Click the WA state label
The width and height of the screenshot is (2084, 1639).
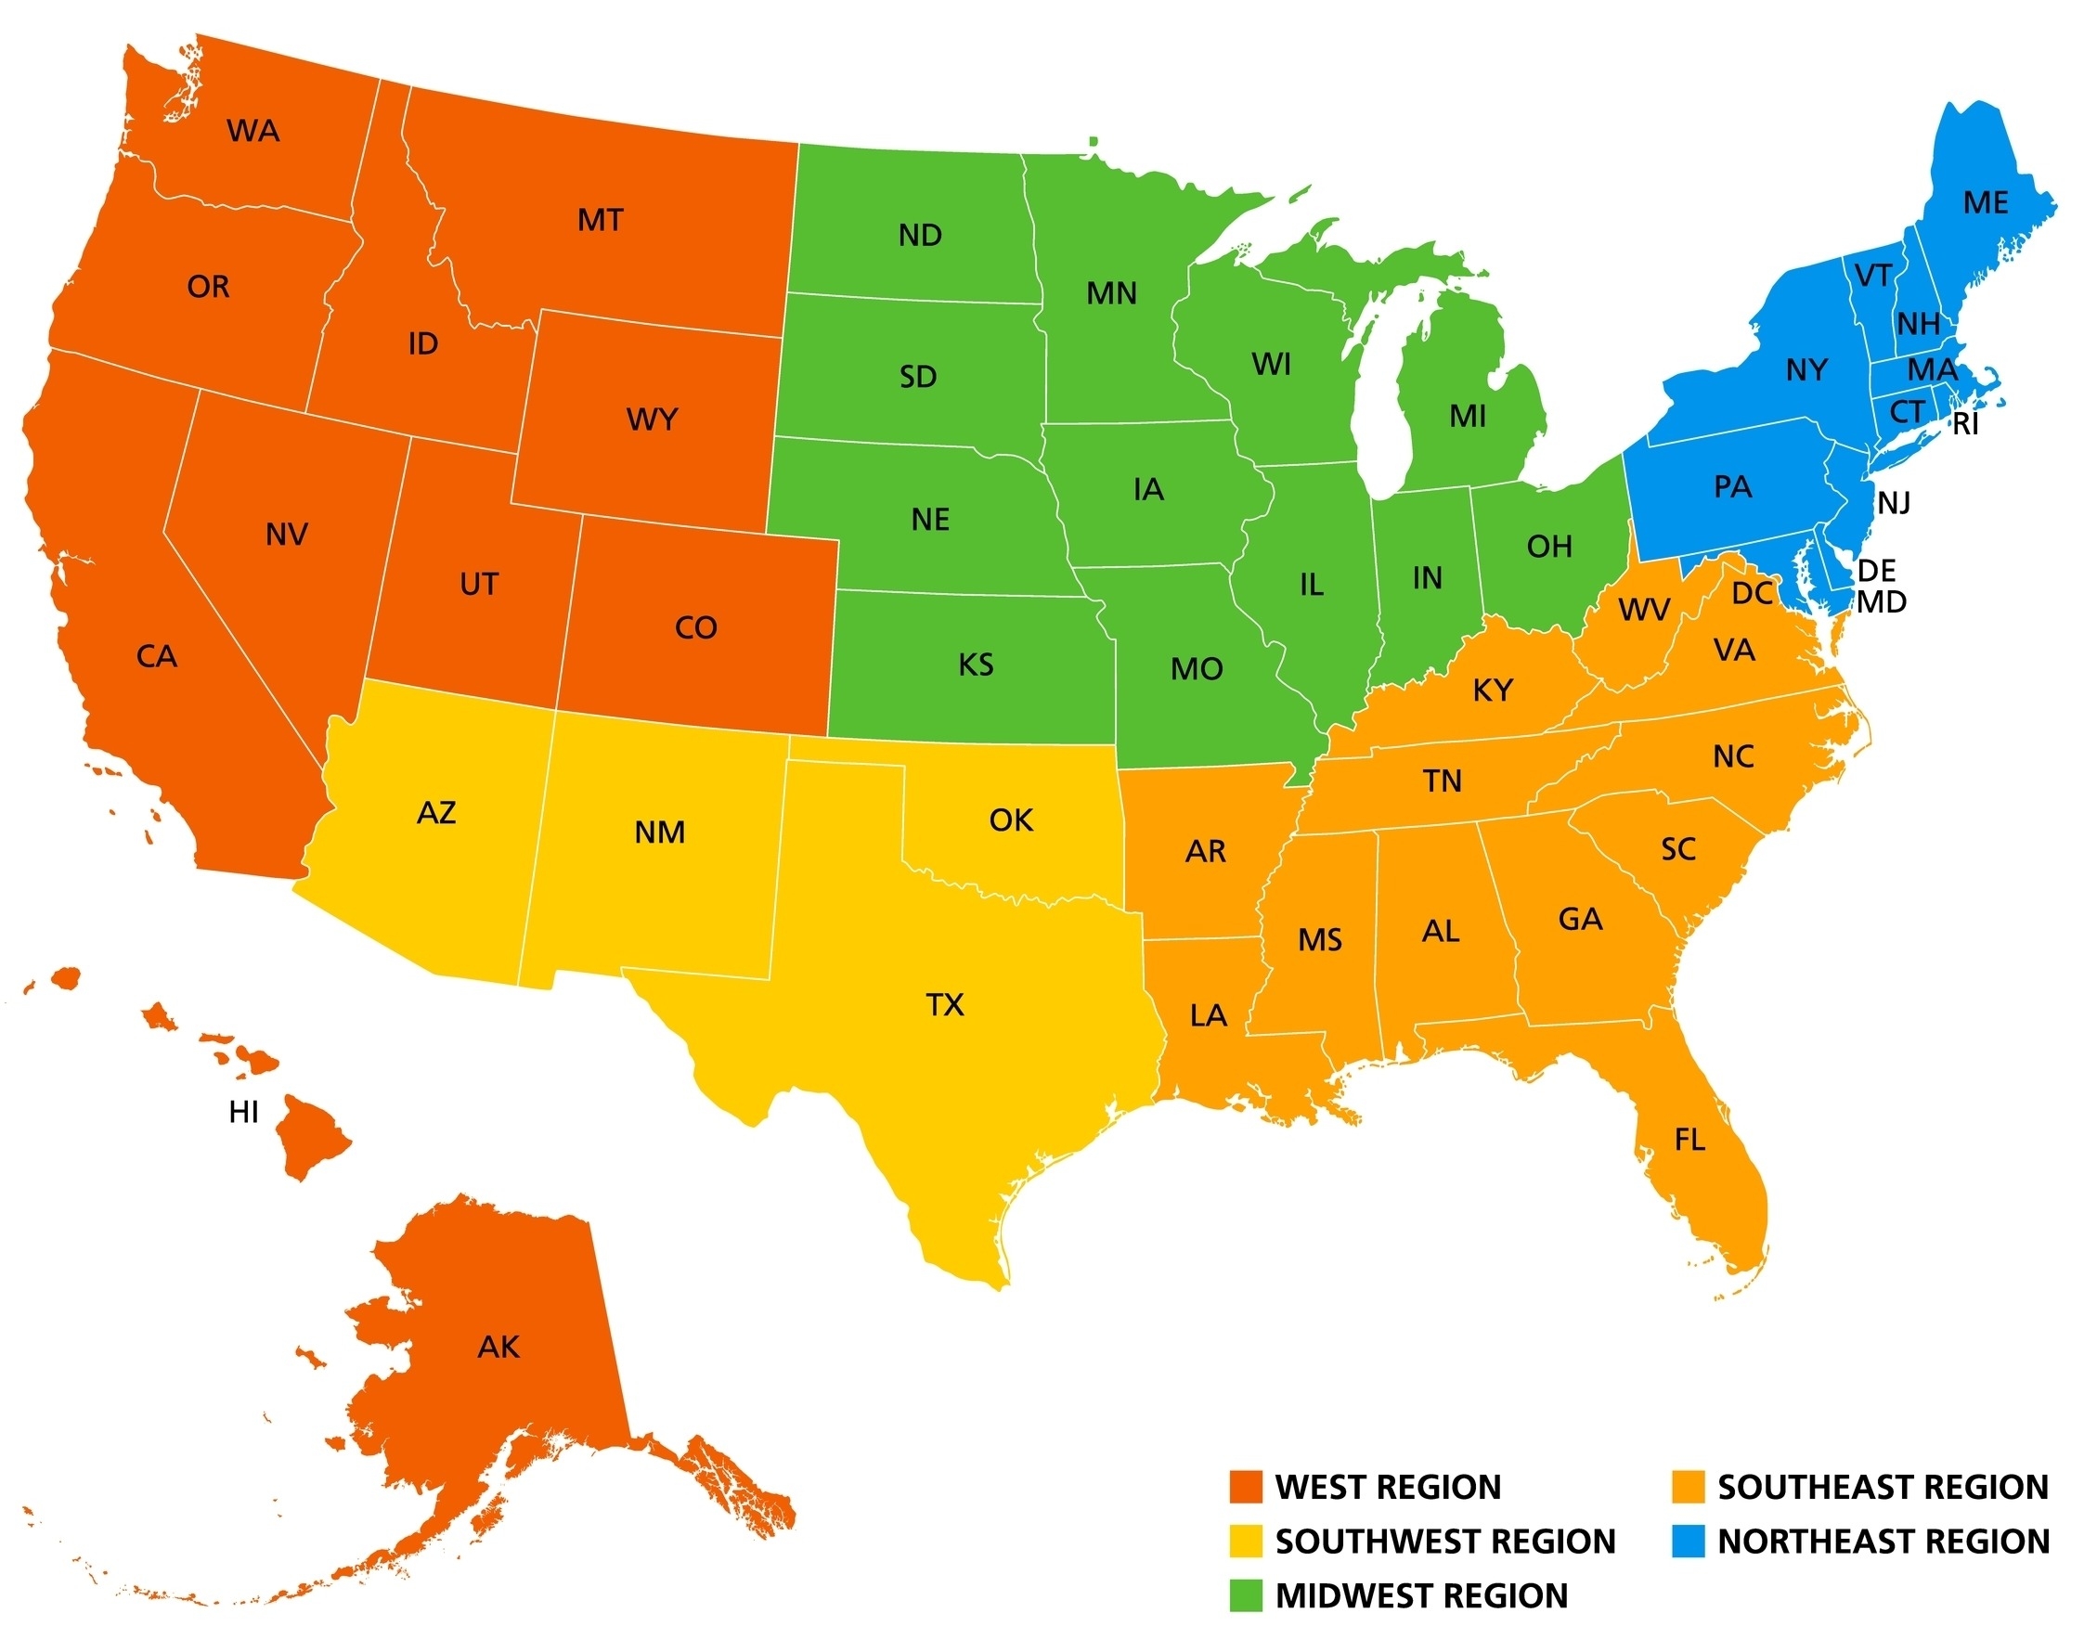point(253,131)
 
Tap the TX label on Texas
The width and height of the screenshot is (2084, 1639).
point(945,1005)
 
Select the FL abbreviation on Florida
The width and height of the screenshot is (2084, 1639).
point(1689,1140)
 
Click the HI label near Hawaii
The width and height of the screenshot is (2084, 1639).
point(244,1112)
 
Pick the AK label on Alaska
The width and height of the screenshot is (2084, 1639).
point(498,1348)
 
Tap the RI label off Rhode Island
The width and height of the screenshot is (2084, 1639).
point(1966,424)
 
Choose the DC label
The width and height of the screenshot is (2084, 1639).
point(1752,594)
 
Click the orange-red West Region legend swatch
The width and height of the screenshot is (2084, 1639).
point(1246,1487)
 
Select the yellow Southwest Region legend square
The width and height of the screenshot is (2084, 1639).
point(1246,1542)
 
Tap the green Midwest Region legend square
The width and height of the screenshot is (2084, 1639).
point(1246,1594)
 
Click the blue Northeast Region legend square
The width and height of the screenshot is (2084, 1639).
point(1688,1542)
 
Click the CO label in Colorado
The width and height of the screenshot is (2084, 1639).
point(696,627)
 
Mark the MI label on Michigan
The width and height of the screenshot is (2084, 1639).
point(1468,417)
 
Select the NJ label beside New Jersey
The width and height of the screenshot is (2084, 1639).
point(1894,502)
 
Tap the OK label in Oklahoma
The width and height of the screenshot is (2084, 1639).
point(1011,819)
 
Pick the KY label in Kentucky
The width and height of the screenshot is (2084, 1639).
point(1493,690)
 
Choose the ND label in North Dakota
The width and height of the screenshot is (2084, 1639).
point(920,235)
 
